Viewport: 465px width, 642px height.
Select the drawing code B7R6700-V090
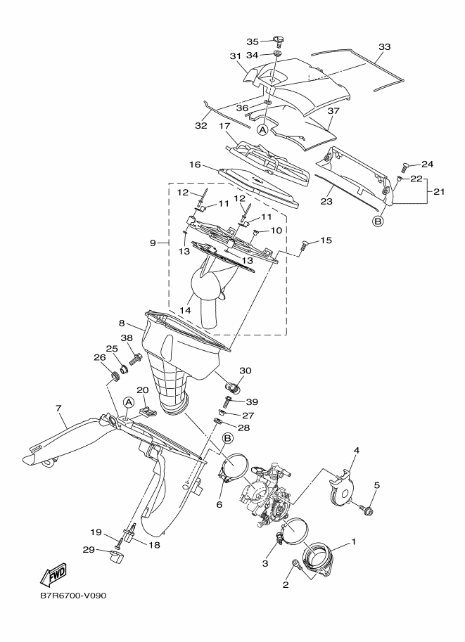click(x=73, y=607)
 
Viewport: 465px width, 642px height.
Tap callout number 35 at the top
click(x=253, y=41)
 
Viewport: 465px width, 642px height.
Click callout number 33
click(x=384, y=47)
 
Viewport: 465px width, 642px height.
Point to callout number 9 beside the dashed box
click(x=153, y=243)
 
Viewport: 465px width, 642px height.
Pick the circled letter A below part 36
click(x=262, y=129)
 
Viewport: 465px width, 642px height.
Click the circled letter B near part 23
click(x=377, y=222)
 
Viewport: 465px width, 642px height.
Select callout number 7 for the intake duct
click(x=58, y=409)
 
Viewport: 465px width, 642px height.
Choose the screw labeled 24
click(x=405, y=167)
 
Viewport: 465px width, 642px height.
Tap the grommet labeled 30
click(x=233, y=386)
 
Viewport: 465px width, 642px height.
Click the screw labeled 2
click(x=296, y=565)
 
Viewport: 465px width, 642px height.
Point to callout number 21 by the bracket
click(x=439, y=191)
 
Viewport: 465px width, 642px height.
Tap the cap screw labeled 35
click(x=279, y=40)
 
